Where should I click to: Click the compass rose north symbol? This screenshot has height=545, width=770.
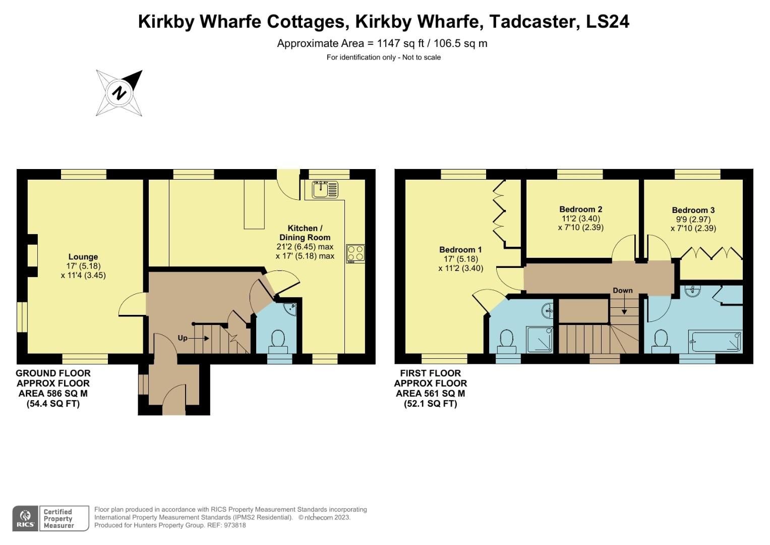(120, 93)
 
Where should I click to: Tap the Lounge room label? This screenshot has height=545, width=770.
(83, 257)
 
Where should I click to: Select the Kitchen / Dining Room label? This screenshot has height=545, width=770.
(305, 233)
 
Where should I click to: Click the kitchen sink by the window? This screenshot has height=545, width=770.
(324, 190)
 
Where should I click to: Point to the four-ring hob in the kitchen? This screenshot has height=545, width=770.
(356, 253)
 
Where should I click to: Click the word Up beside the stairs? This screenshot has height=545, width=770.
(183, 338)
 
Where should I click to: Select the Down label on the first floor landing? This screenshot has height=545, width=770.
(623, 291)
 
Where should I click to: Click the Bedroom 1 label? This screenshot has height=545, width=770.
(460, 249)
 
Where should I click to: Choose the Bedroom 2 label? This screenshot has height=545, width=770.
(580, 209)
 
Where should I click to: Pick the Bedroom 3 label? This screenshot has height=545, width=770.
(693, 210)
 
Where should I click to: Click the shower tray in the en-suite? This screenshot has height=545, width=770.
(540, 339)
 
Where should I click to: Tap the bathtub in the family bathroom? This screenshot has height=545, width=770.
(716, 342)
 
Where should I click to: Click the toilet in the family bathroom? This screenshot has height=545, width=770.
(661, 341)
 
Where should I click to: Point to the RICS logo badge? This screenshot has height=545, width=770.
(25, 518)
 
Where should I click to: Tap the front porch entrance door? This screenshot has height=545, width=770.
(174, 399)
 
